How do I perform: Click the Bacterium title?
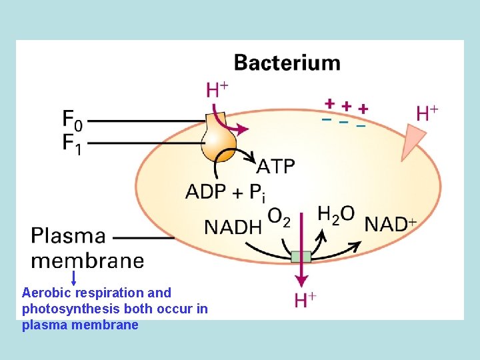pyautogui.click(x=287, y=63)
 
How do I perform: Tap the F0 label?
pyautogui.click(x=73, y=120)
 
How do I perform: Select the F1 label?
pyautogui.click(x=73, y=143)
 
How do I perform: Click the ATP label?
pyautogui.click(x=276, y=166)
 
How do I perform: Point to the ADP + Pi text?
pyautogui.click(x=225, y=192)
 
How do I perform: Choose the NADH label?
pyautogui.click(x=233, y=227)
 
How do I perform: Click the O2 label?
pyautogui.click(x=279, y=217)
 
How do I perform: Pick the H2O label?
pyautogui.click(x=335, y=215)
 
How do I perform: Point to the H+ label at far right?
pyautogui.click(x=427, y=113)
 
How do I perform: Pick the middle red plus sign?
pyautogui.click(x=346, y=105)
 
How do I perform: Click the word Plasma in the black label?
pyautogui.click(x=68, y=236)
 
